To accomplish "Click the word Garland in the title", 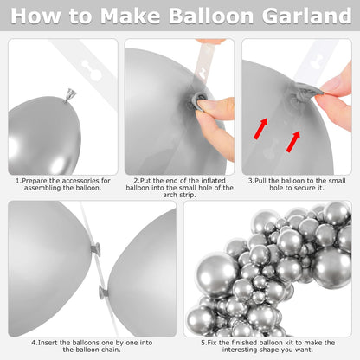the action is click(x=307, y=16).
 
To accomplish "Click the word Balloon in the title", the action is click(x=211, y=16).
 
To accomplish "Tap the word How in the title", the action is click(x=35, y=16).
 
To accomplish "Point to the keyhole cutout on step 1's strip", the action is click(x=92, y=70).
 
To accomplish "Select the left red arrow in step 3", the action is click(x=260, y=128).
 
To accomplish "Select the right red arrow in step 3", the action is click(x=293, y=141).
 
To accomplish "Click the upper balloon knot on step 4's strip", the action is click(x=95, y=249).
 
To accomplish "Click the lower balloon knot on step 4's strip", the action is click(x=104, y=292).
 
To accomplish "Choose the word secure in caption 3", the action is click(x=305, y=188).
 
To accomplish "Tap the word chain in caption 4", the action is click(x=112, y=350).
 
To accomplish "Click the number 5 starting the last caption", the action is click(x=203, y=343).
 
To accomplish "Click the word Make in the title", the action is click(x=130, y=16).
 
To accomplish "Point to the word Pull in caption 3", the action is click(x=260, y=181).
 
